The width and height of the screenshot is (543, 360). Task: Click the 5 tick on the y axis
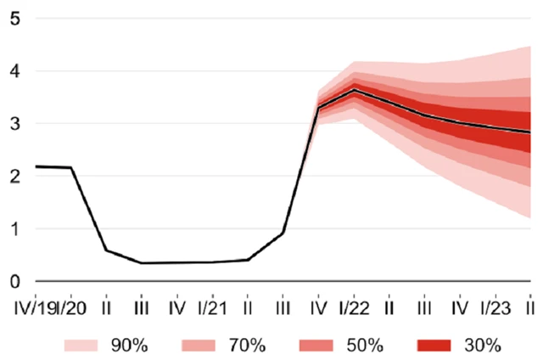[x=14, y=19]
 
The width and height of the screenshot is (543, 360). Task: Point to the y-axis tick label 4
[x=14, y=71]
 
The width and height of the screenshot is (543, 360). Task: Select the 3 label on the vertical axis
[x=14, y=124]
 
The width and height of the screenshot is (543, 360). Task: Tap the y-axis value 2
[x=14, y=177]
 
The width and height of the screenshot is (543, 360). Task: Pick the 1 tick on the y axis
[x=14, y=228]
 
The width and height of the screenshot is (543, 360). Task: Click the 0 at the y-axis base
[x=14, y=281]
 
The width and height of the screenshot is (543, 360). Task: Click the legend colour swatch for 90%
[x=84, y=345]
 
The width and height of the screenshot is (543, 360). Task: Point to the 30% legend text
[x=483, y=345]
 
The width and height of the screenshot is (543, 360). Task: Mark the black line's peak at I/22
[x=354, y=90]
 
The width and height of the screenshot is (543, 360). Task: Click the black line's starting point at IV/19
[x=36, y=166]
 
